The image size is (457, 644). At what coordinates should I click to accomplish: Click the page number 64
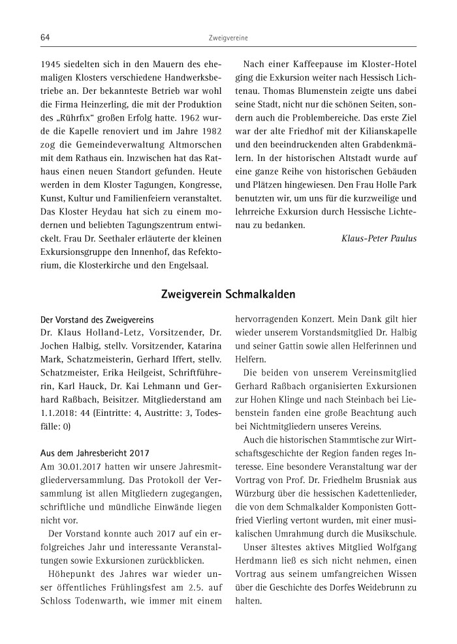tap(45, 38)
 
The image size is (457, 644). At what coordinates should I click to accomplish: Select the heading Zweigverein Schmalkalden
tap(228, 295)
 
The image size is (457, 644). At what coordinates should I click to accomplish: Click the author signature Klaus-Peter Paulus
tap(379, 238)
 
